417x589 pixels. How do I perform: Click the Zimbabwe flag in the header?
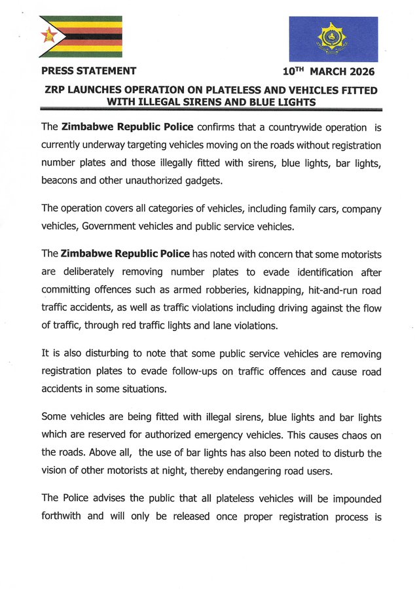81,37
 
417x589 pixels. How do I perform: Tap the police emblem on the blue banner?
333,39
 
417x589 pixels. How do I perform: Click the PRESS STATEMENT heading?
88,71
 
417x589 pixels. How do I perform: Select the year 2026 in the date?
361,71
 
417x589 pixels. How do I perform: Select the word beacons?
62,180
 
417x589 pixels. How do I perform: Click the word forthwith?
62,516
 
